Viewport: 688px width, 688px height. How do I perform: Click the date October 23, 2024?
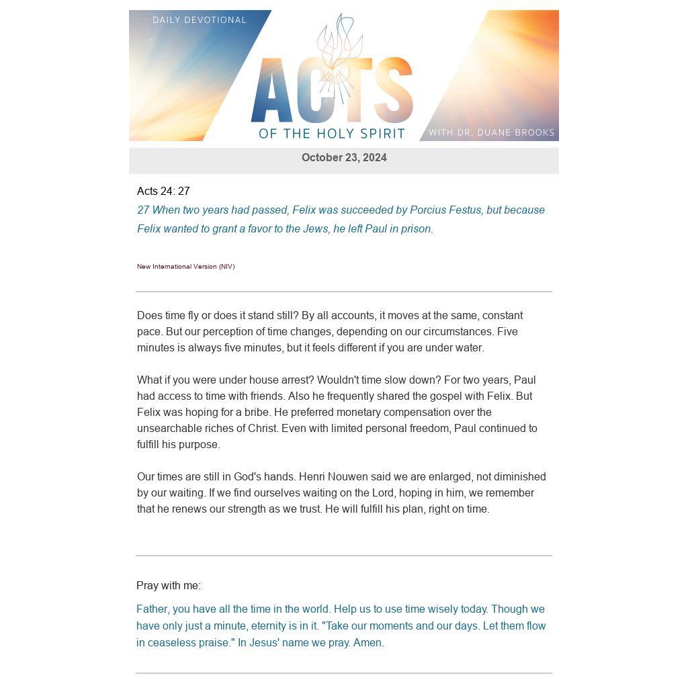pyautogui.click(x=344, y=158)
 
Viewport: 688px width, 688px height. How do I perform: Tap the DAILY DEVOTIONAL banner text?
pyautogui.click(x=200, y=20)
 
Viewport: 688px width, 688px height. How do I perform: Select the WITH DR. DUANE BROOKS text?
pyautogui.click(x=491, y=132)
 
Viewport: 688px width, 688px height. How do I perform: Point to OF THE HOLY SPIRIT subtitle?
pyautogui.click(x=332, y=134)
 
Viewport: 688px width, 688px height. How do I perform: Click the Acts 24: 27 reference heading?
pyautogui.click(x=163, y=191)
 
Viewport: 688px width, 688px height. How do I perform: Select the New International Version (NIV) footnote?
pyautogui.click(x=185, y=267)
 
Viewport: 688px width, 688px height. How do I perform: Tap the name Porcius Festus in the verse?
pyautogui.click(x=445, y=210)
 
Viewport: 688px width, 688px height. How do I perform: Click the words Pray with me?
pyautogui.click(x=169, y=586)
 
